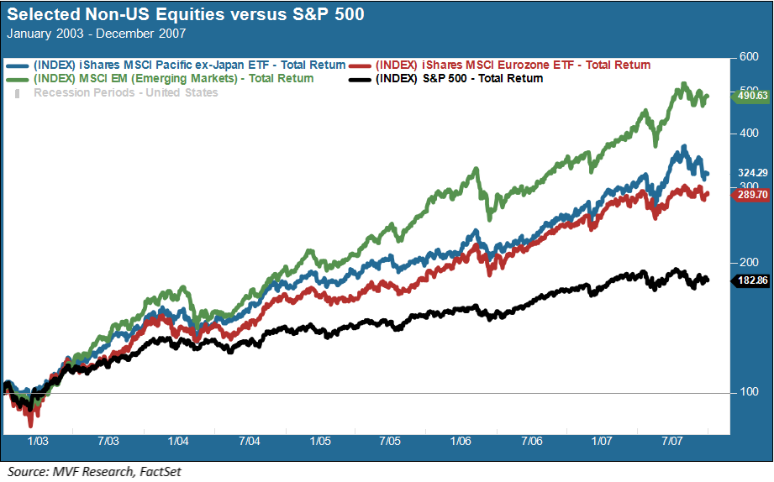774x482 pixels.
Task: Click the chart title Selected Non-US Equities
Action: point(185,15)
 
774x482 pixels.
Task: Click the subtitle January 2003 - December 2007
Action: point(96,34)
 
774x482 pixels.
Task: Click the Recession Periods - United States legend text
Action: point(125,92)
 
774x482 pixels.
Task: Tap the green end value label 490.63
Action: point(751,96)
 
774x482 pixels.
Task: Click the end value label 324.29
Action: point(753,173)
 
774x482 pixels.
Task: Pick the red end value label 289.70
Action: point(752,194)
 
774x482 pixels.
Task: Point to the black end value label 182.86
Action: point(752,280)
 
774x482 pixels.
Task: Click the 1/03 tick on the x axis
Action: point(39,440)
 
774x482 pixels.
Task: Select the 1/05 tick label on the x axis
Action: point(319,440)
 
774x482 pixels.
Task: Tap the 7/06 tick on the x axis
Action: point(531,440)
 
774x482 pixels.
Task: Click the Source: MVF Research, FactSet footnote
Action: point(93,472)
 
